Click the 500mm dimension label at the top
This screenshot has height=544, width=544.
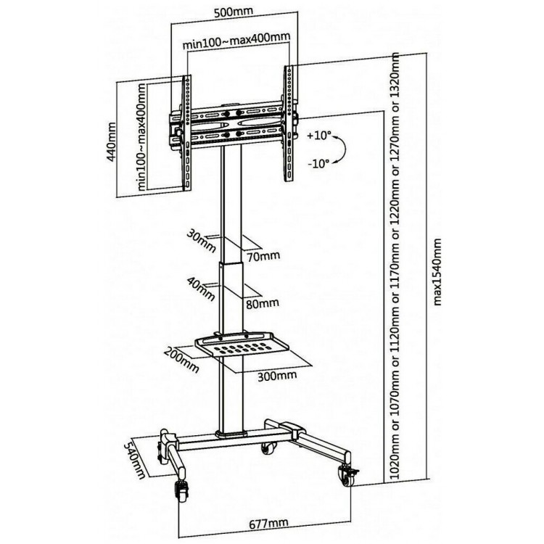234,12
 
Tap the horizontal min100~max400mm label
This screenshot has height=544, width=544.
236,40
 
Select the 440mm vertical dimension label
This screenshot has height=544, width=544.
111,141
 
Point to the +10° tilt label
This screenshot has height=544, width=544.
319,135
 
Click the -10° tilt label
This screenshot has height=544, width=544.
318,162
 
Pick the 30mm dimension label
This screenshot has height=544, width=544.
201,241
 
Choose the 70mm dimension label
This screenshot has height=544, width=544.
263,256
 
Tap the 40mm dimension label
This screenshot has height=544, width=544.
200,289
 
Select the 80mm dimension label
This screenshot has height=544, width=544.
263,304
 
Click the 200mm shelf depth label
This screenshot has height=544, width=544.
182,360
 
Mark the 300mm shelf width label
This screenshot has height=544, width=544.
277,376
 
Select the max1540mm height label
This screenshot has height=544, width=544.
437,272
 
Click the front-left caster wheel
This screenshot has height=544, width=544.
181,490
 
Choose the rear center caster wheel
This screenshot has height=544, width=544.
269,448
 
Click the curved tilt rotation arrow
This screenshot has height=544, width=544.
342,149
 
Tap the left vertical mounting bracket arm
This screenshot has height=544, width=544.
186,133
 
